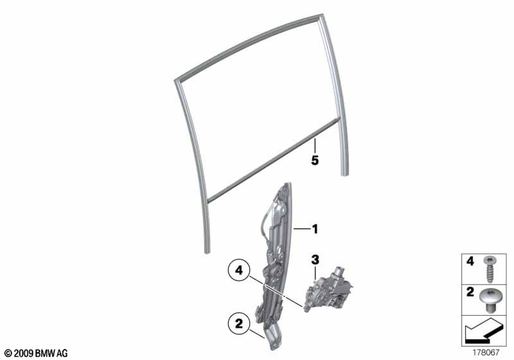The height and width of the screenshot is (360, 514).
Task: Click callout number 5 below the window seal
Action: [x=315, y=161]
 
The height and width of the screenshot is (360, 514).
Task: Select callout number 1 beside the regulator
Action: [x=315, y=228]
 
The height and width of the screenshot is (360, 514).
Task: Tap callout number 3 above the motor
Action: [x=315, y=260]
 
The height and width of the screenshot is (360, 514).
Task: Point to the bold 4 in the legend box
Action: [x=470, y=262]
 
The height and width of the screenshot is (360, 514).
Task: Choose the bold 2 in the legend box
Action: [x=470, y=292]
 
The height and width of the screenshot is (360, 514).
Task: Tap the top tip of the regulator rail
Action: [x=284, y=185]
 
